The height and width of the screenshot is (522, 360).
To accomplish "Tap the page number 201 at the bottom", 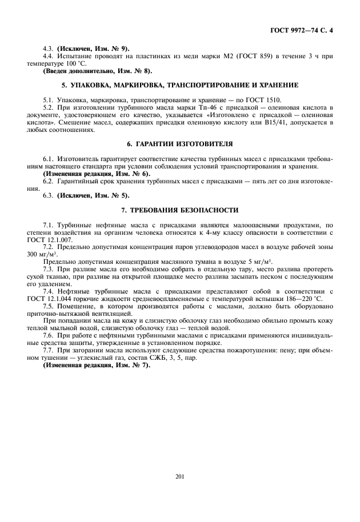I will [179, 476].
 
